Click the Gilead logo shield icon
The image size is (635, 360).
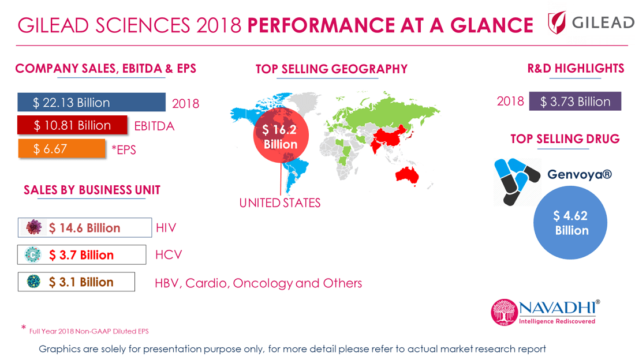[556, 23]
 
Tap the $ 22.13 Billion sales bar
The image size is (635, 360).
[92, 103]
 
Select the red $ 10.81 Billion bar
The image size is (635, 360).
[72, 125]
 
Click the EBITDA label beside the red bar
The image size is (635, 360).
[154, 126]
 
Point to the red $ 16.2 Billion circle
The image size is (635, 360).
[280, 136]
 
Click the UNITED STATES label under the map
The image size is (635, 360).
[280, 202]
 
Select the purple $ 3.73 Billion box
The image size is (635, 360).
[575, 102]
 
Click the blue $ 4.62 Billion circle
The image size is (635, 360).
[571, 223]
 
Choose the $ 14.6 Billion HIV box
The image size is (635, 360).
[84, 228]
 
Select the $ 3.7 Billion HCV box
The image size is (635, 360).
[81, 254]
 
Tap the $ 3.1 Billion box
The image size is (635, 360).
[76, 282]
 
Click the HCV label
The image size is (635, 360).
[168, 254]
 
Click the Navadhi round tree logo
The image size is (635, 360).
[504, 312]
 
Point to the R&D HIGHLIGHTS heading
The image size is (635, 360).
[576, 68]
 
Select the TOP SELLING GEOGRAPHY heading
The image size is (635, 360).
[331, 69]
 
